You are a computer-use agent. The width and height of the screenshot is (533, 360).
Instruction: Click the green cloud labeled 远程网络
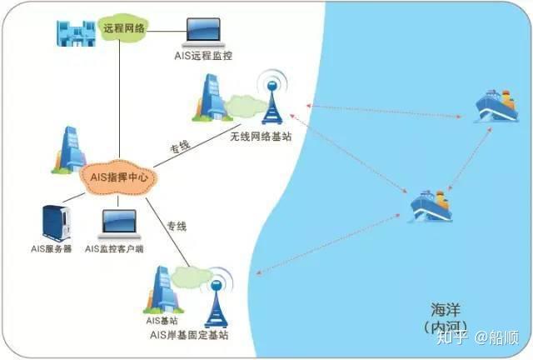(124, 27)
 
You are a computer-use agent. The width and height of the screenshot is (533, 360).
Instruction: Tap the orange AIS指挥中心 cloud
(120, 176)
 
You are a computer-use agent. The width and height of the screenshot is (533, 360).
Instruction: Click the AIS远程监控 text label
(205, 57)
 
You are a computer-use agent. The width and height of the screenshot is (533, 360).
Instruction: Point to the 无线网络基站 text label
(261, 135)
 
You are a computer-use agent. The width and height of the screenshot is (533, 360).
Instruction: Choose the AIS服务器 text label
(51, 249)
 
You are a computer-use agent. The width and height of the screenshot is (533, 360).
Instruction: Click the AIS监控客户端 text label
(115, 249)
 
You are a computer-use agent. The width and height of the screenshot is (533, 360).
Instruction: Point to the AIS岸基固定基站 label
(188, 335)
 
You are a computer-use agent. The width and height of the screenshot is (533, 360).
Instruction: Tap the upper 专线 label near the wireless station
(180, 147)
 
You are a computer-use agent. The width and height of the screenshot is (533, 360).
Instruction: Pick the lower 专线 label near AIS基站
(176, 227)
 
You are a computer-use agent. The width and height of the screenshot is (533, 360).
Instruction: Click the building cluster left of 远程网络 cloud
(76, 32)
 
